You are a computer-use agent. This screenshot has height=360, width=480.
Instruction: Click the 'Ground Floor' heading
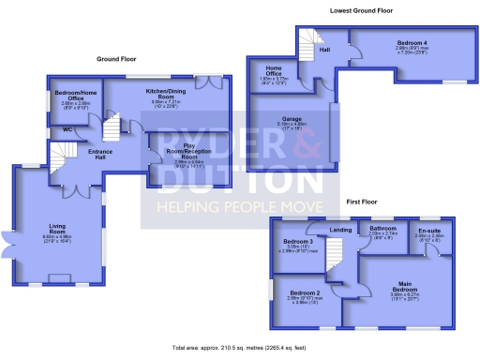coord(116,58)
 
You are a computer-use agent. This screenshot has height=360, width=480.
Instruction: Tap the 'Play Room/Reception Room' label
coord(188,149)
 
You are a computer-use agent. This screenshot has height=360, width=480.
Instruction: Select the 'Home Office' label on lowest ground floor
coord(275,70)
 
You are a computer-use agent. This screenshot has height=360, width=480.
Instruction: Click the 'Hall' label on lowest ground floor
coord(324,49)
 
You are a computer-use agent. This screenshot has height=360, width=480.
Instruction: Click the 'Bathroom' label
coord(382,228)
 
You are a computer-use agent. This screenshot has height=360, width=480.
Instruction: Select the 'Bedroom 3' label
coord(298,242)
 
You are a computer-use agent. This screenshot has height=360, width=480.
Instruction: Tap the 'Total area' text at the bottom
coord(240,348)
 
